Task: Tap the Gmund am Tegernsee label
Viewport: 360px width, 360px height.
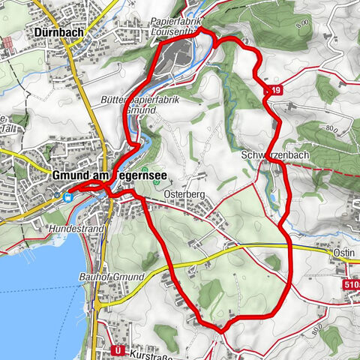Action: pos(108,175)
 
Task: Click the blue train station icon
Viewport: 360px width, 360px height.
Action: pos(68,199)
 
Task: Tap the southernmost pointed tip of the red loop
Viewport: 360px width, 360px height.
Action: pos(222,329)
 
